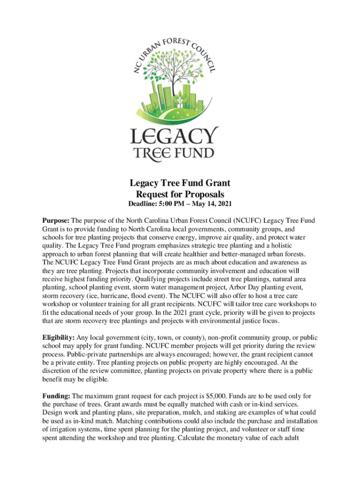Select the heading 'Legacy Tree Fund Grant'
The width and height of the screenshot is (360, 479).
click(180, 183)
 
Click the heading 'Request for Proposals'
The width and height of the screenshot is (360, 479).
click(180, 194)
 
